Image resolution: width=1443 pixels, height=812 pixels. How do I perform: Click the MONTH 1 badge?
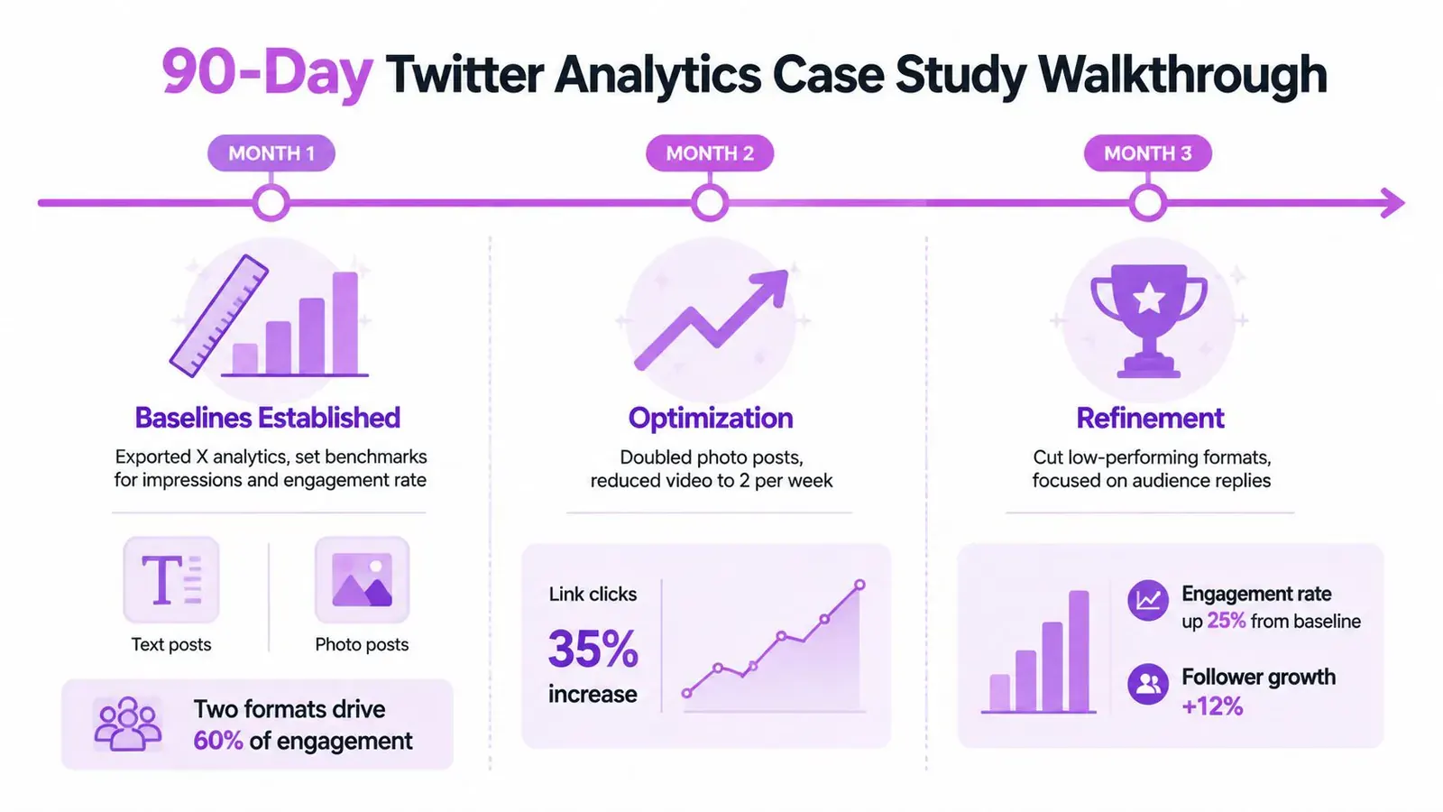pos(271,153)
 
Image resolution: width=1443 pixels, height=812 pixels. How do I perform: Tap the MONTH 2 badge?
pos(710,153)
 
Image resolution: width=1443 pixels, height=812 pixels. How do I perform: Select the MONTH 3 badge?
pos(1148,153)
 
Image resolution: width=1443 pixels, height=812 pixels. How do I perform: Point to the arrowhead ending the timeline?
pos(1392,203)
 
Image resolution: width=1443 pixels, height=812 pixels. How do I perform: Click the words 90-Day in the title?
pos(267,73)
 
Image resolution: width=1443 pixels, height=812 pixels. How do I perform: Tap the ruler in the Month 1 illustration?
pos(219,316)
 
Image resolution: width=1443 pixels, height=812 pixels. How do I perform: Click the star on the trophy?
pos(1149,299)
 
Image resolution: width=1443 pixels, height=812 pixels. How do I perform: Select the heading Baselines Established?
pos(267,418)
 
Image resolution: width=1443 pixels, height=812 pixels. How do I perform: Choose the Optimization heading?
pos(711,419)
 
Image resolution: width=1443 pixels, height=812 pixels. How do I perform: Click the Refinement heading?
pos(1150,419)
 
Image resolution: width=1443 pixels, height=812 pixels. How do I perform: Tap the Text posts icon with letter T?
pos(171,580)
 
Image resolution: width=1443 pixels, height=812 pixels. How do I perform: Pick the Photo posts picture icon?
pos(362,580)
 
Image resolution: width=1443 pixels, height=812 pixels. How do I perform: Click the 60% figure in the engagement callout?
pos(217,741)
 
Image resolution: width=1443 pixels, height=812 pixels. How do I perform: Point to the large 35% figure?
pos(593,649)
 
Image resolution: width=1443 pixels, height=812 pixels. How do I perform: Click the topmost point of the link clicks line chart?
pos(860,585)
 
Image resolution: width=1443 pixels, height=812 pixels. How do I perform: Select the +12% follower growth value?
pos(1212,706)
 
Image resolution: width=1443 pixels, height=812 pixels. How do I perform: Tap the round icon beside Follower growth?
pos(1148,684)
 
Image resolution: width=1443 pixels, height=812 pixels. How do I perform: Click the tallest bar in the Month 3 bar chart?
pos(1079,651)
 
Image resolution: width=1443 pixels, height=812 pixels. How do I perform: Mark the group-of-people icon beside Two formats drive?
pos(127,724)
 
